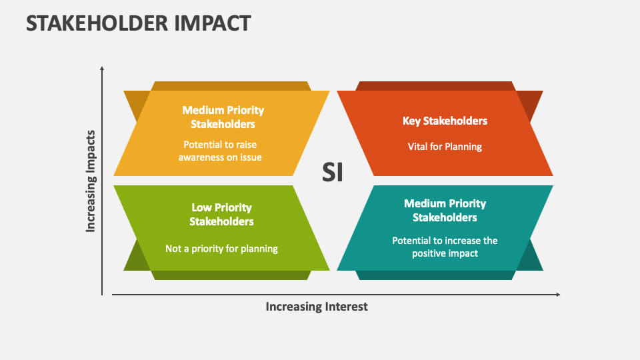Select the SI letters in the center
coord(333,172)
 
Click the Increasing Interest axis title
coord(317,307)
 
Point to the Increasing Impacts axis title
coord(91,181)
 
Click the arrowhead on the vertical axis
coord(102,68)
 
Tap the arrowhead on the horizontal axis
coord(557,294)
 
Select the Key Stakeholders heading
coord(445,121)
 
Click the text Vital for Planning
coord(445,147)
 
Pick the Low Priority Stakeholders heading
coord(221,214)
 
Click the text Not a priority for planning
coord(221,249)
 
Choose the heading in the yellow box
coord(223,117)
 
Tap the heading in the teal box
coord(445,210)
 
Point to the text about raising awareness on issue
coord(220,151)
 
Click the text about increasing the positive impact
coord(445,247)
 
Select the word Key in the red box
coord(411,121)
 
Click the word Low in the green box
coord(202,207)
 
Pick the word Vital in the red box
coord(418,147)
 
